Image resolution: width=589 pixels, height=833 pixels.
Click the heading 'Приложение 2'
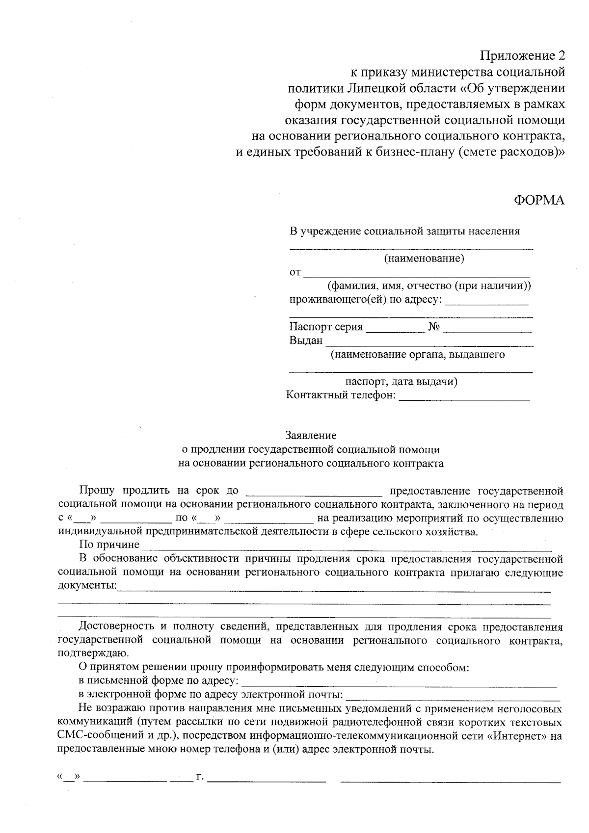[x=522, y=54]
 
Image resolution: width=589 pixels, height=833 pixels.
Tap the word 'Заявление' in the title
[x=311, y=435]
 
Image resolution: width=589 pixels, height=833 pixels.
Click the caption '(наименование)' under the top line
[x=424, y=258]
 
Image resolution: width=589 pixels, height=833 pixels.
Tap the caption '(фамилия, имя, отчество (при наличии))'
[x=429, y=286]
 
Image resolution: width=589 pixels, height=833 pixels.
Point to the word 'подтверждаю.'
[x=87, y=653]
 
